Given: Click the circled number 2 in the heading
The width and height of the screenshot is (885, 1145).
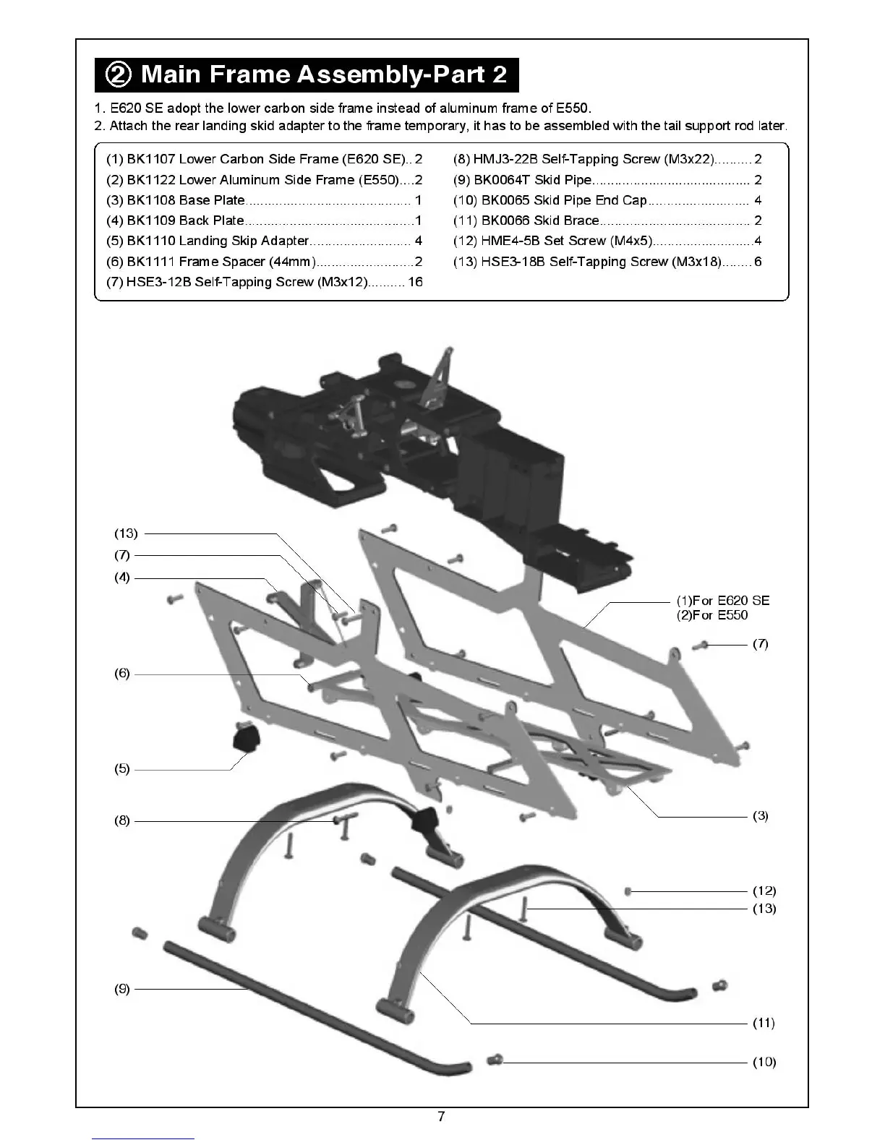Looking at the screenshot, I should click(119, 74).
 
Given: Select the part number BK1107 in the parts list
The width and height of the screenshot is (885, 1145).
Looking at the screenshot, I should click(150, 159).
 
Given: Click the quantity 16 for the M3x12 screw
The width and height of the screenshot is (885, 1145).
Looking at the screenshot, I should click(415, 282).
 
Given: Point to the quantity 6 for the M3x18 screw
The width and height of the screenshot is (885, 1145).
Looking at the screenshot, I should click(758, 262).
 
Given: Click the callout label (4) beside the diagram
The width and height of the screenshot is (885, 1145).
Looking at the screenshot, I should click(122, 578).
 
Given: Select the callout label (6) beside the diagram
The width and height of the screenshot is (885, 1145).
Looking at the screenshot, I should click(122, 674).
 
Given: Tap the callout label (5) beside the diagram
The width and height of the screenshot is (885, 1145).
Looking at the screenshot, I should click(122, 769).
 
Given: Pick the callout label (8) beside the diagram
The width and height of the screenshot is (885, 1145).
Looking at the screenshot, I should click(122, 820).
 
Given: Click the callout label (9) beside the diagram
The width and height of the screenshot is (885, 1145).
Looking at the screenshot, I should click(122, 989).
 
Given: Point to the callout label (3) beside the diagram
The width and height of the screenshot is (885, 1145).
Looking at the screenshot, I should click(761, 816).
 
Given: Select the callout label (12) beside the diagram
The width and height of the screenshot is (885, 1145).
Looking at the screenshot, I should click(764, 891).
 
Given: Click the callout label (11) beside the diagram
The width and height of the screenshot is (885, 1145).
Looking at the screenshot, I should click(764, 1023).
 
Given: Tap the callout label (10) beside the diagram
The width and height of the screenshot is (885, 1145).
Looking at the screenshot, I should click(764, 1062).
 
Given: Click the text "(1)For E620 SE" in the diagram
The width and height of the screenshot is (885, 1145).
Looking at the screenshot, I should click(723, 601).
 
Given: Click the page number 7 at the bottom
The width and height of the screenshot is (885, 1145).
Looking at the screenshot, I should click(441, 1117).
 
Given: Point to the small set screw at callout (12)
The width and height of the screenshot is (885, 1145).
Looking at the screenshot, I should click(628, 891).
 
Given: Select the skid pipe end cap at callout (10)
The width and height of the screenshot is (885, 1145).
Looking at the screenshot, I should click(496, 1060).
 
